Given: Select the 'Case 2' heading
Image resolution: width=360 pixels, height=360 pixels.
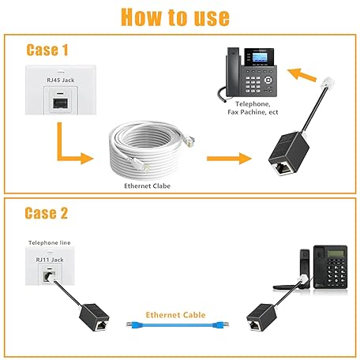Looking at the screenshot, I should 53,213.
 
